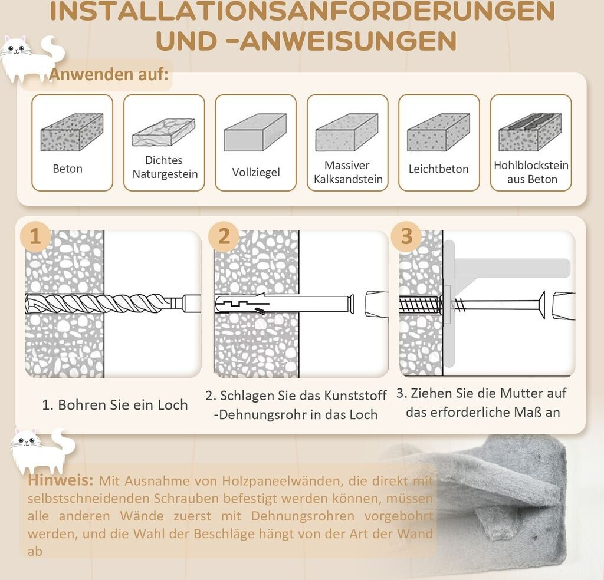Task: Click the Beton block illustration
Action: (x=72, y=132)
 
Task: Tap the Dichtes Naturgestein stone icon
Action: (x=163, y=132)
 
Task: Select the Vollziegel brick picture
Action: (x=255, y=132)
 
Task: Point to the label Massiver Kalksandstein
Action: (x=348, y=172)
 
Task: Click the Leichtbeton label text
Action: (x=438, y=169)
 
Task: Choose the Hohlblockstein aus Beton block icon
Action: (x=530, y=132)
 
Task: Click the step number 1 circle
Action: (x=35, y=236)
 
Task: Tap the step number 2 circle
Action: (x=224, y=236)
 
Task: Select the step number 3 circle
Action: (x=406, y=236)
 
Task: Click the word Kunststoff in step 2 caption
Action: (x=355, y=396)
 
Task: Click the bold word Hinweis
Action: (x=61, y=480)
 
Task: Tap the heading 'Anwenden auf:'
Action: (x=109, y=74)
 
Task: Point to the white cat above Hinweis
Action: (x=42, y=450)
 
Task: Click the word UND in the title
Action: (x=186, y=41)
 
